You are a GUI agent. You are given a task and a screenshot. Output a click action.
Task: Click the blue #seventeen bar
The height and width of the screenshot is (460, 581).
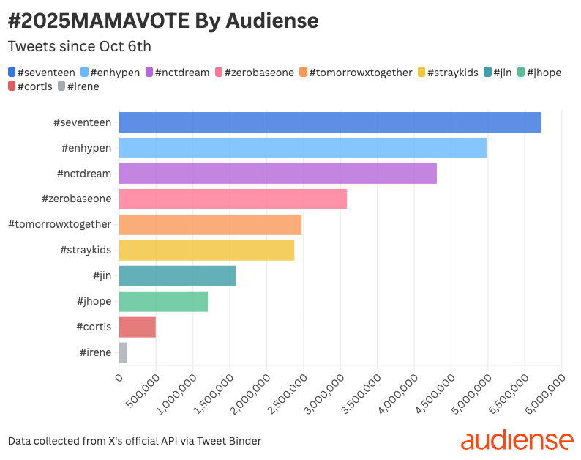pos(330,122)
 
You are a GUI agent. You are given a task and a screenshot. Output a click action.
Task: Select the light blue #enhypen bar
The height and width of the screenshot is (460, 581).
pos(303,148)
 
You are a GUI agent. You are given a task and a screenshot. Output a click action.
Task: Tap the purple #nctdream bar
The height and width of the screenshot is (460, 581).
pos(278,174)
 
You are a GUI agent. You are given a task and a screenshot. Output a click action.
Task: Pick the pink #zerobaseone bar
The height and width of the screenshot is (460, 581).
pos(233,199)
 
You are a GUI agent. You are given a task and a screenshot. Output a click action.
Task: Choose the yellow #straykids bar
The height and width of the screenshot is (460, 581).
pos(207,250)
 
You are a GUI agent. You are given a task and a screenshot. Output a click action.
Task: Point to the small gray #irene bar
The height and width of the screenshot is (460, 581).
pos(123,352)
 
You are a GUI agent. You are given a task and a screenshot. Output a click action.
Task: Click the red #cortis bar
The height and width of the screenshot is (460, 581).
pos(137,327)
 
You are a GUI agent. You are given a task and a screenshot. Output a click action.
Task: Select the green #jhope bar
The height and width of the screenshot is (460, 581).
pos(163,301)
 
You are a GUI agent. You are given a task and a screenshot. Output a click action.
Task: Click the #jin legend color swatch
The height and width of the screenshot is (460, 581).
pos(487,72)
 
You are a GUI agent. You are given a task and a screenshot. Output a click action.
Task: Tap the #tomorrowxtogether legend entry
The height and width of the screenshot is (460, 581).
pos(356,73)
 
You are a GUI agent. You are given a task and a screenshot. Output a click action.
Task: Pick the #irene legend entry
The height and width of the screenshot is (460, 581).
pos(78,86)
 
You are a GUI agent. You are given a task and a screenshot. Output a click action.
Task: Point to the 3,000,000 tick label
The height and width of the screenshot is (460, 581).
pos(325,394)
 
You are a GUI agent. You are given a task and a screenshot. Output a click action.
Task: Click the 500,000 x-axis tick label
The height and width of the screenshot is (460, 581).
pos(143,391)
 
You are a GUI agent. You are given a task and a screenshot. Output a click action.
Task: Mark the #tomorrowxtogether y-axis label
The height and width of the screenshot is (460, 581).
pos(60,224)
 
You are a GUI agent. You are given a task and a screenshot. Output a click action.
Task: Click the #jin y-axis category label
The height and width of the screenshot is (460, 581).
pos(102,275)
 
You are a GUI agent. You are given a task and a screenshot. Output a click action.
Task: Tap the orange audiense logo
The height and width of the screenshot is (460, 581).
pos(517,439)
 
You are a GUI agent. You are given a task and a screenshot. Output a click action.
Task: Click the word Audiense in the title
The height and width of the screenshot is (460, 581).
pos(272,21)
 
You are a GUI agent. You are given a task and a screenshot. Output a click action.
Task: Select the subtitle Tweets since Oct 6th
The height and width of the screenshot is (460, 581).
pos(80,46)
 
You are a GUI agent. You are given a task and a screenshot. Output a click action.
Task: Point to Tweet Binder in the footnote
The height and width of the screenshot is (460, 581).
pos(229,441)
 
